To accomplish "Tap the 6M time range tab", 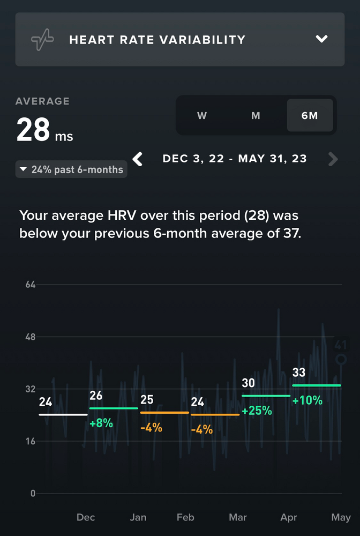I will [310, 115].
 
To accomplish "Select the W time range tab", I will [202, 115].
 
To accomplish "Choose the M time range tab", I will [256, 115].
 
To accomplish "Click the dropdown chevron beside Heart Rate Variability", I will [321, 39].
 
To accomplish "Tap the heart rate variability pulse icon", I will [42, 40].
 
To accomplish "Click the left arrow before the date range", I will [138, 159].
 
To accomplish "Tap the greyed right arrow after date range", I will [333, 159].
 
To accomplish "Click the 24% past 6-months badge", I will [71, 170].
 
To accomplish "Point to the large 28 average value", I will [33, 130].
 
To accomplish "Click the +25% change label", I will [257, 411].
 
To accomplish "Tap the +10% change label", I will [307, 400].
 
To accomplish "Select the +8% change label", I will [101, 423].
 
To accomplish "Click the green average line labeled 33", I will [316, 385].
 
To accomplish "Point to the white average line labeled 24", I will [63, 414].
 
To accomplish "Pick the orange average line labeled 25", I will [164, 412].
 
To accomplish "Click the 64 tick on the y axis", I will [30, 284].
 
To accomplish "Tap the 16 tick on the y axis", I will [30, 441].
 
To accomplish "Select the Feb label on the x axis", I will [185, 517].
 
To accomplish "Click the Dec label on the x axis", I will [86, 517].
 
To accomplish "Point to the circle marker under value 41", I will [340, 360].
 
